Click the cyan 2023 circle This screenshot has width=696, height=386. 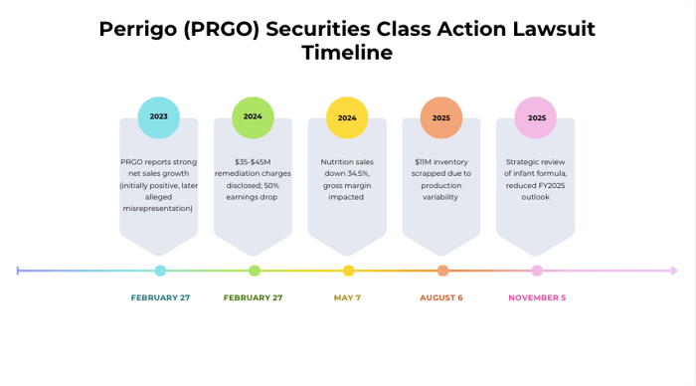pos(159,117)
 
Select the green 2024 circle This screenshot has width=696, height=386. pos(253,117)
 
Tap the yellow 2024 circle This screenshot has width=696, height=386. pos(347,117)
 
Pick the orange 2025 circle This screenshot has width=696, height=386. pos(441,117)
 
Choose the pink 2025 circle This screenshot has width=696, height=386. pos(536,117)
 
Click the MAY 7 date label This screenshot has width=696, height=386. pos(347,297)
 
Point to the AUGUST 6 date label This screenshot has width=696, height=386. pos(441,297)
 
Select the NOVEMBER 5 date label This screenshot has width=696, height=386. pos(537,297)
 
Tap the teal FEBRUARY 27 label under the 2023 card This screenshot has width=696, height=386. pos(160,297)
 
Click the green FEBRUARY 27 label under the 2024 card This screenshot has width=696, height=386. pos(253,297)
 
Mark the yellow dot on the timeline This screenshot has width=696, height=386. pos(348,271)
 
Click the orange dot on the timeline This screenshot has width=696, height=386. pos(442,271)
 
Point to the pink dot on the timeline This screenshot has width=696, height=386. pos(537,271)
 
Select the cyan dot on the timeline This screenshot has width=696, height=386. pos(160,271)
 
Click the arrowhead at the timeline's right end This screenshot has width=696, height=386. pos(675,271)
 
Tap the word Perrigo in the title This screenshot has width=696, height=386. pos(139,29)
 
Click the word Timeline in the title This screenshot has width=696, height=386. pos(347,53)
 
